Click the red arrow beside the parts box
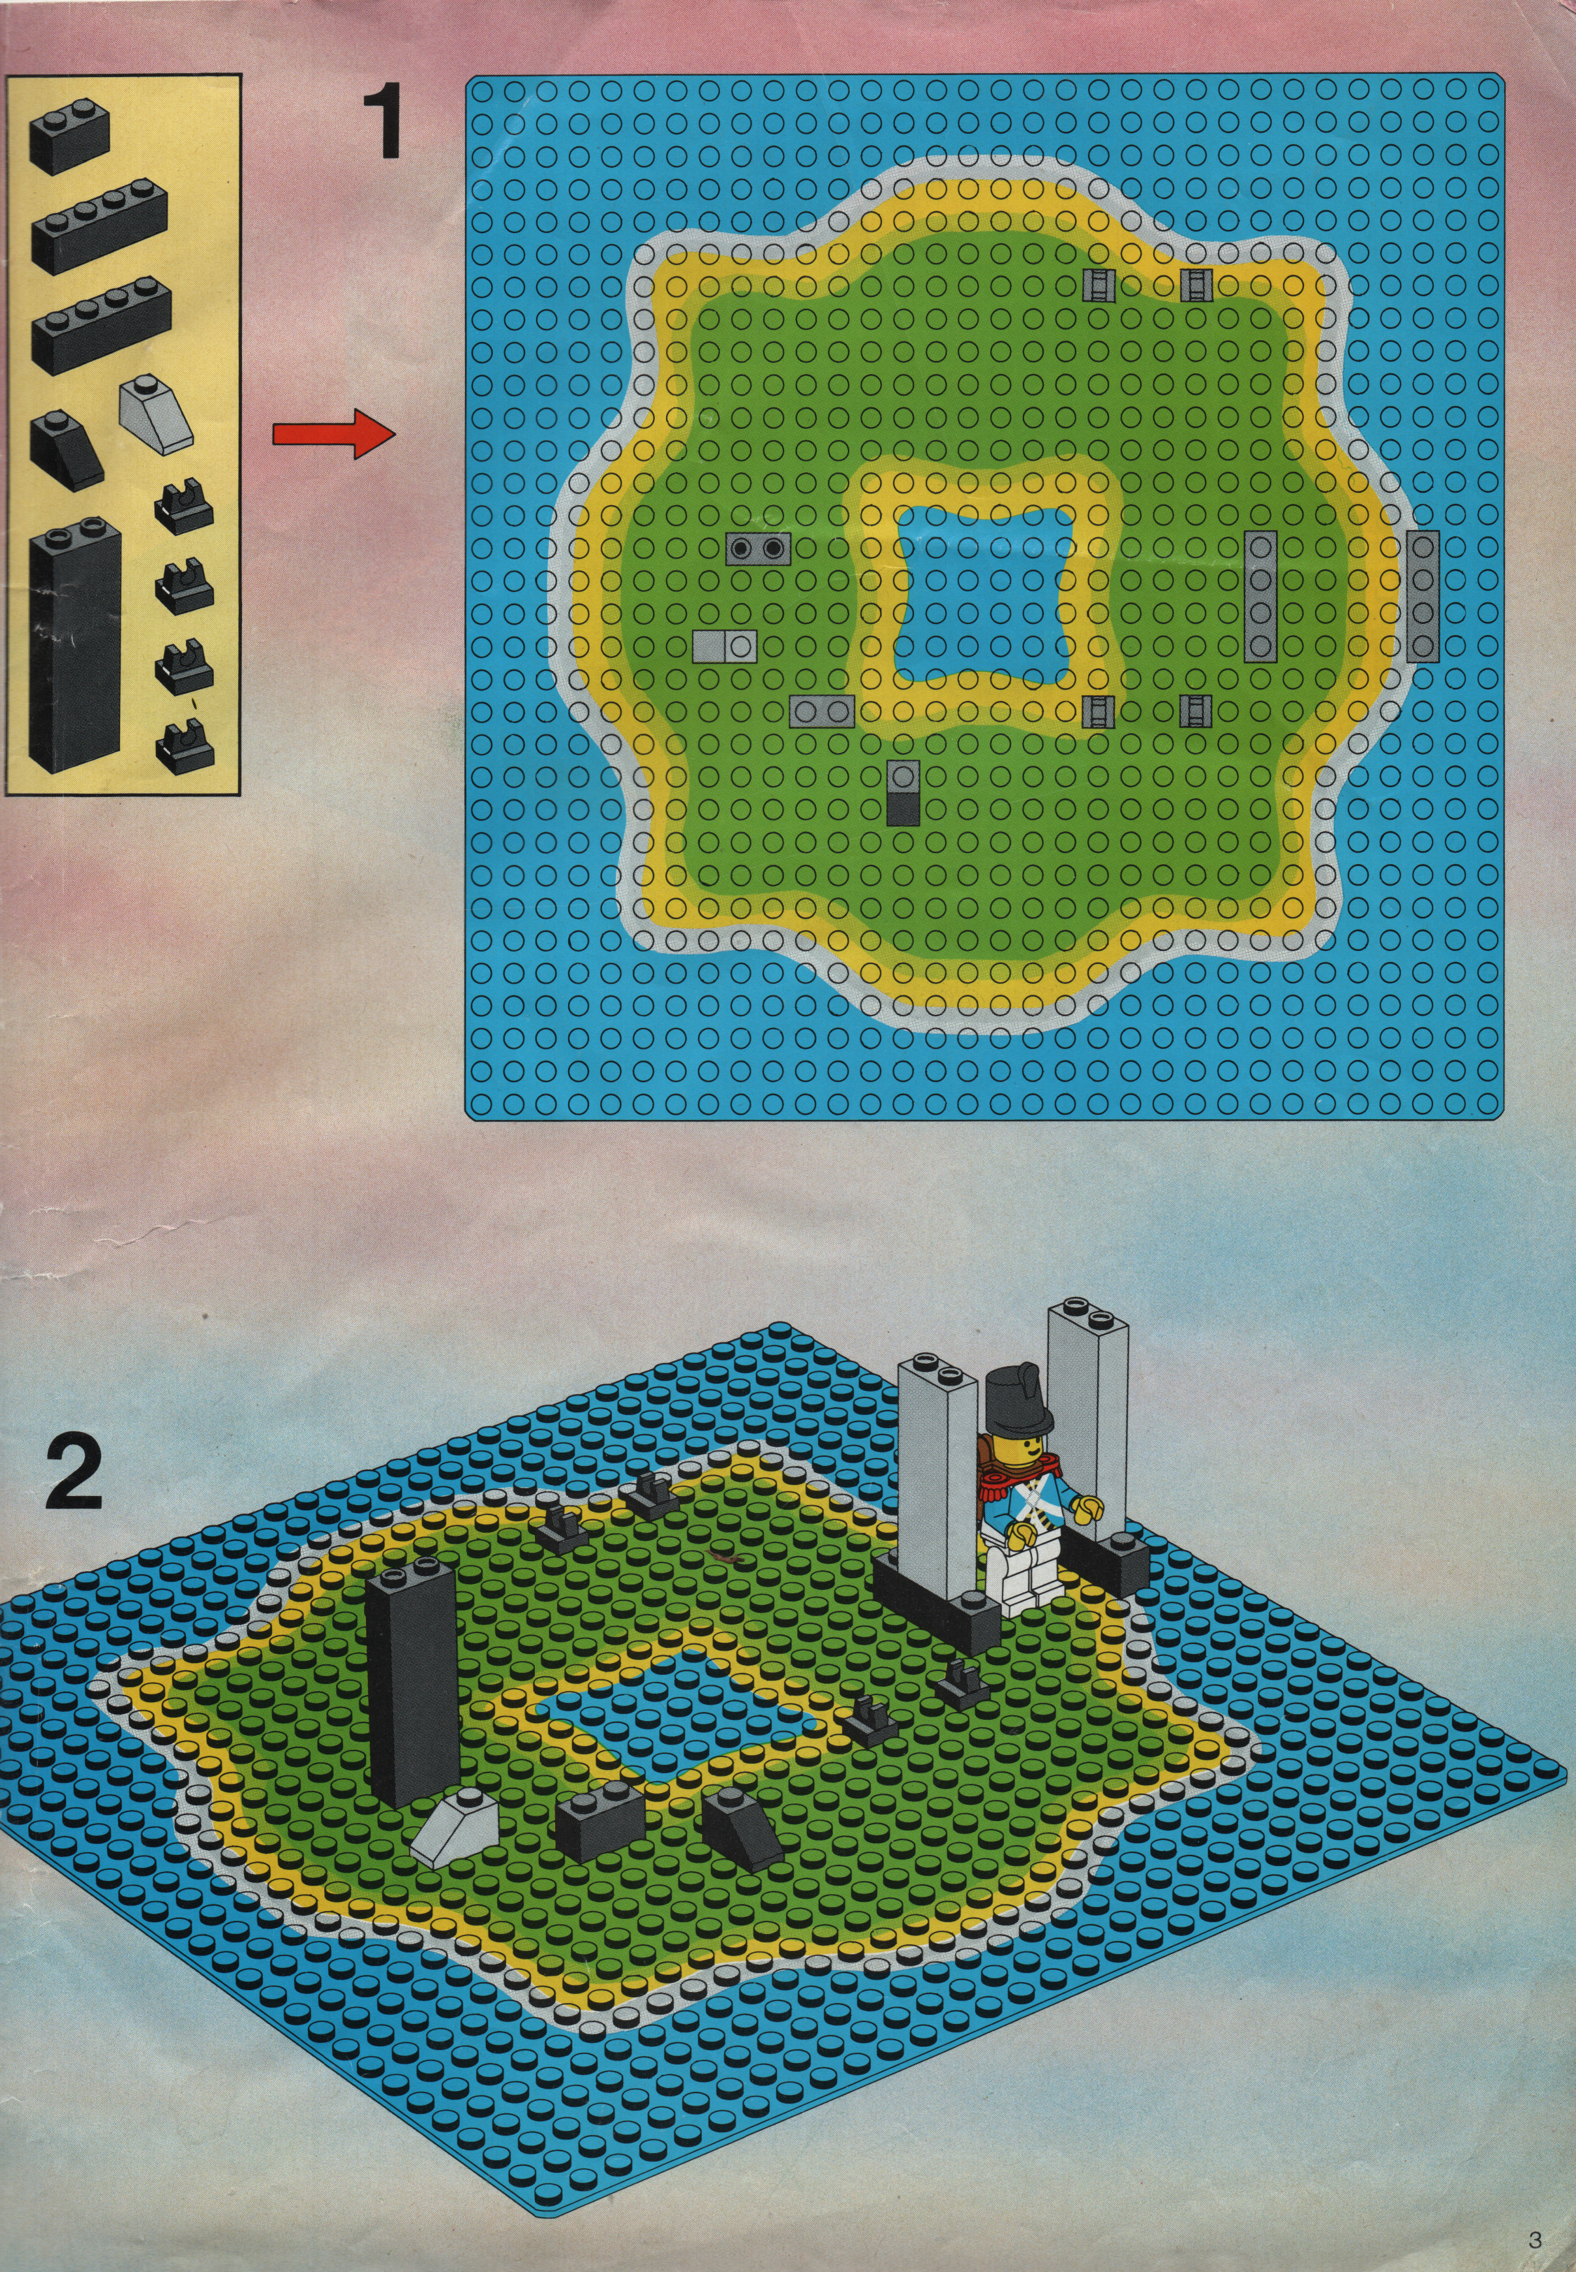point(333,435)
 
